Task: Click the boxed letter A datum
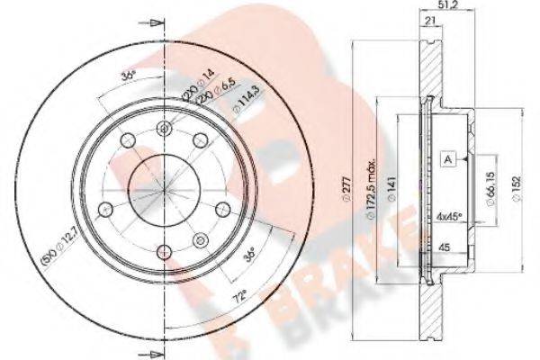pyautogui.click(x=447, y=158)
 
